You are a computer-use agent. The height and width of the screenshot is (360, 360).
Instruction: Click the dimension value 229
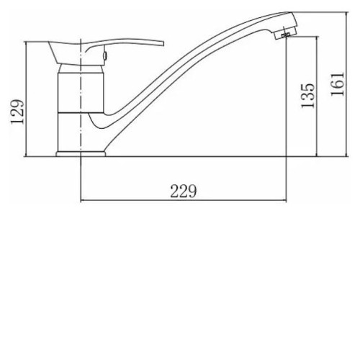(x=184, y=191)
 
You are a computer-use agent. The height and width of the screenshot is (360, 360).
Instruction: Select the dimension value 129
(x=17, y=112)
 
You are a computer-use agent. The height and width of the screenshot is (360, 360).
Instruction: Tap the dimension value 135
(x=307, y=96)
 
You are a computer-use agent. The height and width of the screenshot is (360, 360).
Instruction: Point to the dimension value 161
(x=337, y=84)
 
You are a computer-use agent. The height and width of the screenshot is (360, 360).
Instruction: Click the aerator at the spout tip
(x=285, y=32)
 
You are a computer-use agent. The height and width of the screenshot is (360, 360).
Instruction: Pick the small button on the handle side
(x=105, y=55)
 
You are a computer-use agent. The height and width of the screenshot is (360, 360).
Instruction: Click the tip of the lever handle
(x=163, y=44)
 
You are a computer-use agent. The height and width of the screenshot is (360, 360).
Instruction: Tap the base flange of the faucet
(x=81, y=154)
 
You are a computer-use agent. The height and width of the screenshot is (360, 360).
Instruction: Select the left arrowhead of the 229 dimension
(x=82, y=200)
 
